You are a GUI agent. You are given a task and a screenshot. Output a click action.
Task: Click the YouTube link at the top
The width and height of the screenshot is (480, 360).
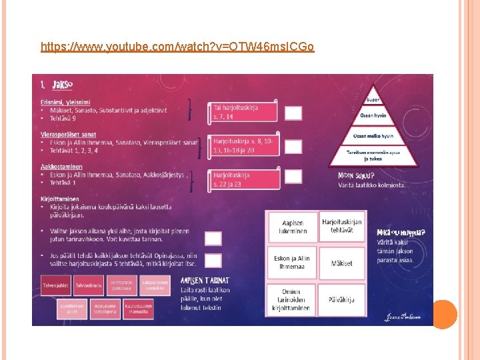tap(177, 47)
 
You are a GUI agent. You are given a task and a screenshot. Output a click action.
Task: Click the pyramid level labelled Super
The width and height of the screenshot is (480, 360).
tap(373, 100)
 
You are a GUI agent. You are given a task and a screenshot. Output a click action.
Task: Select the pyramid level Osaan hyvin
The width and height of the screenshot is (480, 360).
tap(373, 115)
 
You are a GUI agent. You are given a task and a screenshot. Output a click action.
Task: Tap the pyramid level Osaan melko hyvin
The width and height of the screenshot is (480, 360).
tap(373, 135)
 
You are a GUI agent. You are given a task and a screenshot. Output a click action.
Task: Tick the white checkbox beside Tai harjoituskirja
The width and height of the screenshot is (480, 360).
tap(293, 113)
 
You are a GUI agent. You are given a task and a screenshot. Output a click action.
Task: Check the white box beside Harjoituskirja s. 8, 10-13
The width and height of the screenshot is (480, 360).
tap(293, 146)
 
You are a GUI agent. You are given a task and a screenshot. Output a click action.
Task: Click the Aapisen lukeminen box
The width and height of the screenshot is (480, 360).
tap(294, 227)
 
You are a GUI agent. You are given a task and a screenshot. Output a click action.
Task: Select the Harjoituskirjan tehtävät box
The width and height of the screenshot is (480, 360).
tap(342, 226)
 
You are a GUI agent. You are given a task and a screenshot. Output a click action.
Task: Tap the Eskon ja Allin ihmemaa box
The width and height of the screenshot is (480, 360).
tap(294, 263)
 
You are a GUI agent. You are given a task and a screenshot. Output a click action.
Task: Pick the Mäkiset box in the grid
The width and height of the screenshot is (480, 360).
tap(342, 263)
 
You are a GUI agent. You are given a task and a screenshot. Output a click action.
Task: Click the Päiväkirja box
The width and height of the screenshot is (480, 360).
tap(342, 300)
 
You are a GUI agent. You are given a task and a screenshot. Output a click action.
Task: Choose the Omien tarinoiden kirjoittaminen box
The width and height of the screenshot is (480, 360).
tap(294, 300)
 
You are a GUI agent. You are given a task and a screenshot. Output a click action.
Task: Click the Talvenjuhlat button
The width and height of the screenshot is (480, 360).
tap(56, 286)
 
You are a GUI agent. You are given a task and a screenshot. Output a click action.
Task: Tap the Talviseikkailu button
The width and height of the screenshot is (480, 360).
tap(88, 286)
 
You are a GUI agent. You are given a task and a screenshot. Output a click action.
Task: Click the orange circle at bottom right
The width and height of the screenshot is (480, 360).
tap(445, 314)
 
